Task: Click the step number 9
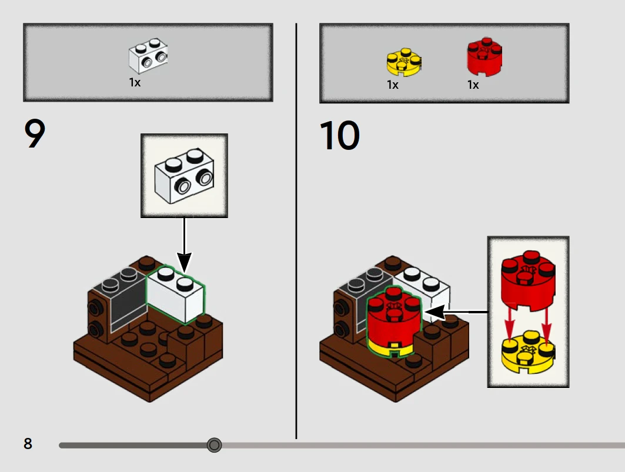pos(35,134)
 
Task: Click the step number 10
pos(340,136)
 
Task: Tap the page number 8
pos(28,443)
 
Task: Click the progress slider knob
pos(214,445)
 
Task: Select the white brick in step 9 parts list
pos(148,56)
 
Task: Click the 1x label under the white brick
pos(135,82)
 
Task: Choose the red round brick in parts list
pos(484,56)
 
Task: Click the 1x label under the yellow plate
pos(393,85)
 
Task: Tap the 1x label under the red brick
pos(473,85)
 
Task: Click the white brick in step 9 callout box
pos(184,176)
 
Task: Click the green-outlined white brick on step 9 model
pos(175,294)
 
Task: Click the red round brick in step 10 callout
pos(528,280)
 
